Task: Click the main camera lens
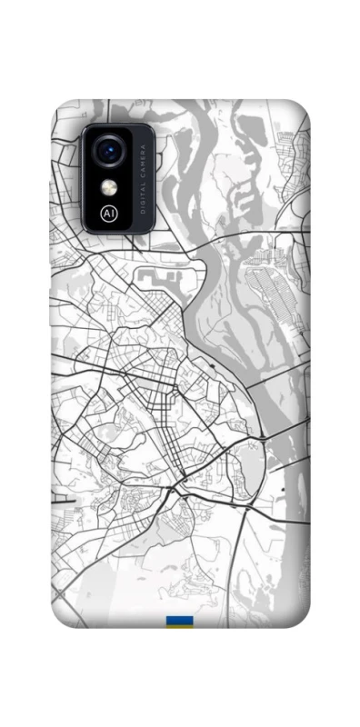(110, 149)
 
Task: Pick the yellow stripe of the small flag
(178, 627)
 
